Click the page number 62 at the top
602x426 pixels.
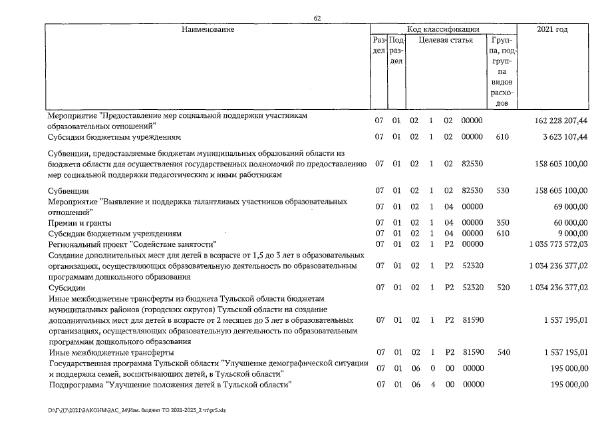point(317,18)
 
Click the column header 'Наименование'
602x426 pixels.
point(208,29)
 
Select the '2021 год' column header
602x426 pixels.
point(552,29)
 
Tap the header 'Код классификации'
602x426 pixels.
point(443,29)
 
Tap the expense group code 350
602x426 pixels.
point(502,222)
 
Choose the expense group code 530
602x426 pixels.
point(502,190)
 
